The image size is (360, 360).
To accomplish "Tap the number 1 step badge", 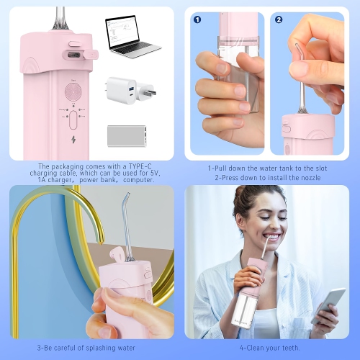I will click(197, 19).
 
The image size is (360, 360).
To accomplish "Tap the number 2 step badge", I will click(279, 19).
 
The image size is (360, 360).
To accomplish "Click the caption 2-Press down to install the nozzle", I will click(268, 177).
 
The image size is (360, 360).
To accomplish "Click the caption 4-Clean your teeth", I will click(268, 347).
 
